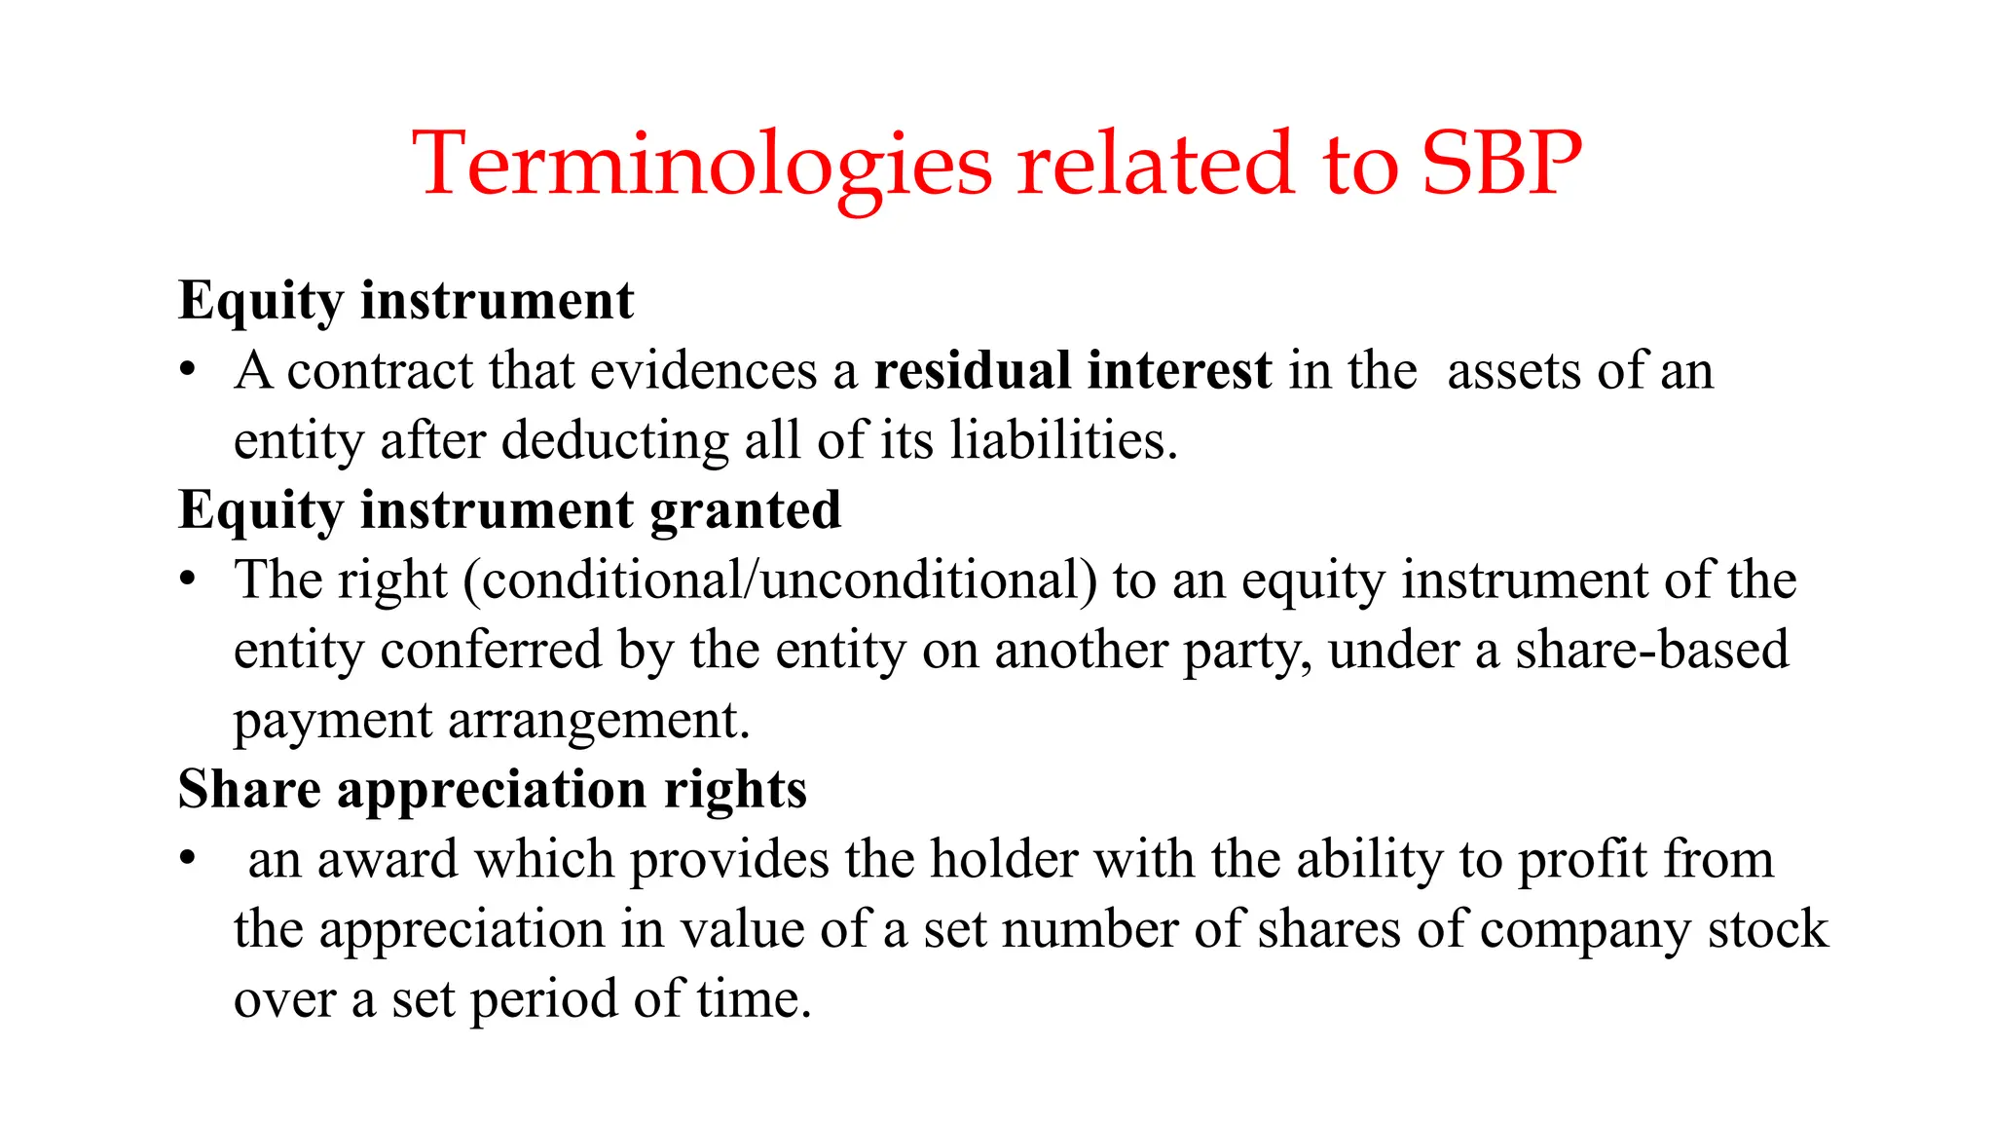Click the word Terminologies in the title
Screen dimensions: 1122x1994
tap(702, 166)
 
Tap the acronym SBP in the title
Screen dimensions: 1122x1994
tap(1501, 164)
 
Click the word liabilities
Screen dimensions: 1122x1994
tap(1063, 440)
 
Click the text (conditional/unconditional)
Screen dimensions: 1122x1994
tap(780, 580)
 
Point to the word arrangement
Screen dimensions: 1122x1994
tap(599, 722)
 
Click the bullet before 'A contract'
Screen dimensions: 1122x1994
tap(188, 371)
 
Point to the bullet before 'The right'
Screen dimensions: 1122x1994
tap(188, 580)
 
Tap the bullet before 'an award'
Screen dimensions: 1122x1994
tap(188, 860)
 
